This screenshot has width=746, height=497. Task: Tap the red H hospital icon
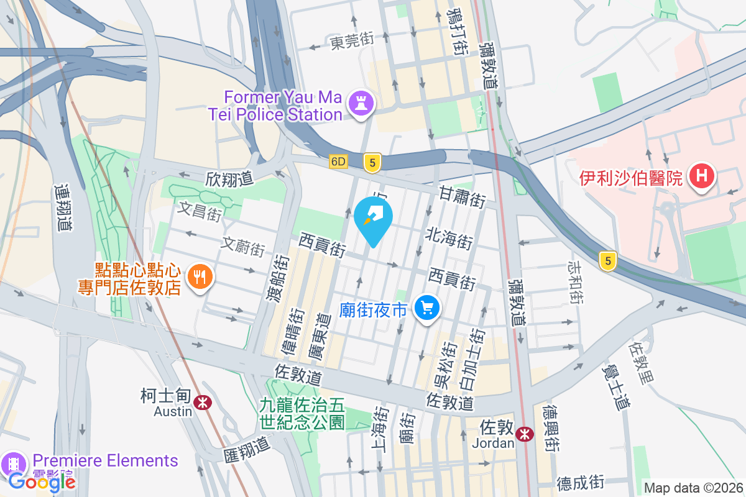coord(701,177)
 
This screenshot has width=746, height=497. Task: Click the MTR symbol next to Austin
coord(201,402)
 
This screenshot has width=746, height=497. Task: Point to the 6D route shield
coord(338,162)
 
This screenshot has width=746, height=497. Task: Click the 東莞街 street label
coord(352,41)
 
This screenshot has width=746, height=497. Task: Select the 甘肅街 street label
coord(462,195)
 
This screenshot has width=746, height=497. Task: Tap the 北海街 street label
coord(447,237)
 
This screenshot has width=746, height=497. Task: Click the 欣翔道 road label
coord(229,179)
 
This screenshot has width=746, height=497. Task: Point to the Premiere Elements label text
coord(106,461)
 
